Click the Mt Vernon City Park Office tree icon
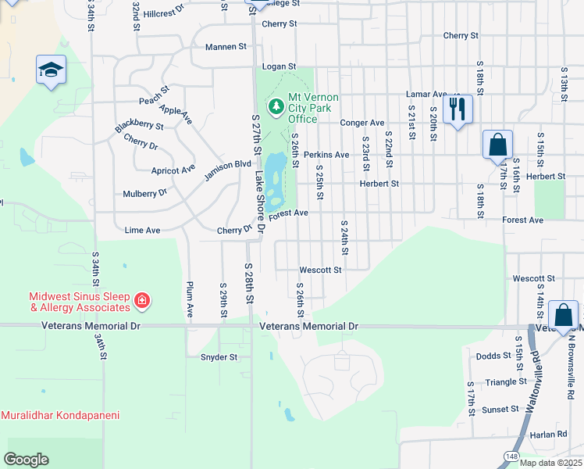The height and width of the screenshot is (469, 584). [275, 106]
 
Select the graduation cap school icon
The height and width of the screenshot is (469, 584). [51, 70]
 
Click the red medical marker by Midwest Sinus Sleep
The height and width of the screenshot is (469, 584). [142, 300]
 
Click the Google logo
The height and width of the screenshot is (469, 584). [26, 460]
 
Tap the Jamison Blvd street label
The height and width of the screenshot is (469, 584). [221, 170]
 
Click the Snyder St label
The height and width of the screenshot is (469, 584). [219, 357]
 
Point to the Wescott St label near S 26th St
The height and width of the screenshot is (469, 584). [320, 270]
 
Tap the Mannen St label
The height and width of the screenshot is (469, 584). [226, 47]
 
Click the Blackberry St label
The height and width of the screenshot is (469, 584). [139, 125]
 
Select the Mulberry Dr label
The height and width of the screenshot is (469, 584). [145, 193]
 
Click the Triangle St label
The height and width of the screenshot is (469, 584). [506, 382]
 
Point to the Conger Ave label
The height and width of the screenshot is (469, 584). [362, 123]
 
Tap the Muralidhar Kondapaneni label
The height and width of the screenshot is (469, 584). [60, 415]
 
